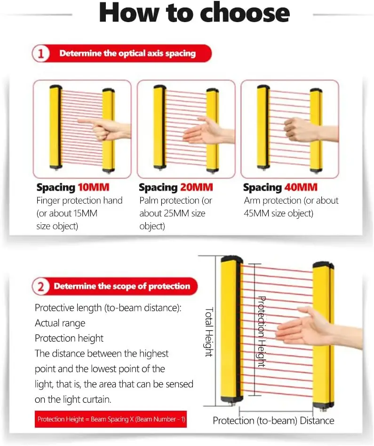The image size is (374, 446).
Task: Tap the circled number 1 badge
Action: (41, 54)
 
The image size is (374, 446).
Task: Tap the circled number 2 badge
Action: (41, 287)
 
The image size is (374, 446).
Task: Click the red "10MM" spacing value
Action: (94, 187)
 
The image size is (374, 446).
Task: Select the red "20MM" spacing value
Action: (197, 187)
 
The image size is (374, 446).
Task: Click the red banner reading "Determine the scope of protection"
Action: (121, 287)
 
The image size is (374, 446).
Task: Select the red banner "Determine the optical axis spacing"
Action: (127, 54)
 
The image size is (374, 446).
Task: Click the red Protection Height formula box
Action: (111, 419)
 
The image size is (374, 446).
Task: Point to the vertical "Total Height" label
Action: (209, 332)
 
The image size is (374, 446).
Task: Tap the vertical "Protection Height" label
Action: (262, 332)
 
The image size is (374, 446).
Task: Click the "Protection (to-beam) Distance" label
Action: (273, 420)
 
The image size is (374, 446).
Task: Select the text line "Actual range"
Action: (60, 323)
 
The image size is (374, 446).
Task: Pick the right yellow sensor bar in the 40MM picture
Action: (315, 129)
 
